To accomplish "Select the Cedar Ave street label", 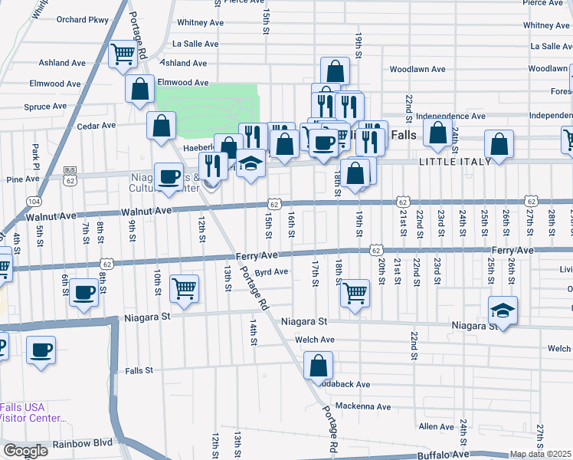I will tap(96, 125).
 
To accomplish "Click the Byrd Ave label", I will tap(271, 271).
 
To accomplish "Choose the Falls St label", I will tap(139, 370).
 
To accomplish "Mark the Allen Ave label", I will tap(437, 426).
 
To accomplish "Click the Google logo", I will tap(25, 451).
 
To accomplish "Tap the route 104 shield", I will tap(34, 201).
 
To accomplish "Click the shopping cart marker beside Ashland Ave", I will tap(123, 54).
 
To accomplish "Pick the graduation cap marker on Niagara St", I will tap(502, 310).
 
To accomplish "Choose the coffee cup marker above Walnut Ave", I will tap(169, 178).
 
